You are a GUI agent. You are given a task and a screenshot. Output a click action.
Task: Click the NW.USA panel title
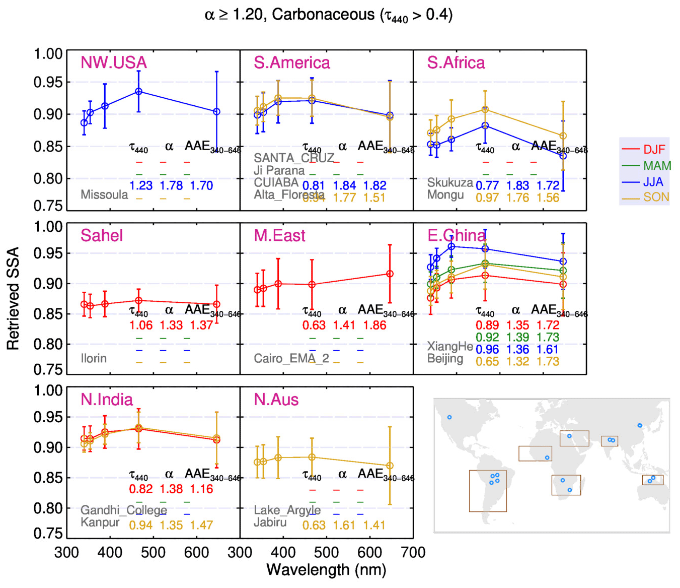[114, 62]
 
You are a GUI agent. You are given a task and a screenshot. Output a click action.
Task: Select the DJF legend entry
[654, 150]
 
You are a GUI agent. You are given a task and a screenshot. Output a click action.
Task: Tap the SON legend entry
[656, 197]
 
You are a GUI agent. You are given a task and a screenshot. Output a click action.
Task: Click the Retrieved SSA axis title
[13, 298]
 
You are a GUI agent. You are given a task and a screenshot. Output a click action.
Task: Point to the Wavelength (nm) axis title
[326, 570]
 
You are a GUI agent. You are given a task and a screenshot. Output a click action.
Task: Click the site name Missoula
[104, 194]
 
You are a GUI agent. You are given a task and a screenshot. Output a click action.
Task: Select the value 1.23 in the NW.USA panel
[141, 185]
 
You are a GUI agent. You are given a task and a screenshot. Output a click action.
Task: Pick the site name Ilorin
[94, 358]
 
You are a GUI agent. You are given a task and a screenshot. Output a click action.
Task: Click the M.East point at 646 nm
[390, 274]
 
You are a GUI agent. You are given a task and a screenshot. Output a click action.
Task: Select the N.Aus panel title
[276, 400]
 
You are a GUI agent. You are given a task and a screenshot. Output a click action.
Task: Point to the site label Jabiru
[270, 522]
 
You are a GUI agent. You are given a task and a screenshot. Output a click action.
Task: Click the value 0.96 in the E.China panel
[487, 349]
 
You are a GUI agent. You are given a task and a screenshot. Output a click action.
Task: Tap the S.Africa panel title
[456, 62]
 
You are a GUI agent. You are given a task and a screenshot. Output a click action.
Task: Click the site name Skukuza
[450, 182]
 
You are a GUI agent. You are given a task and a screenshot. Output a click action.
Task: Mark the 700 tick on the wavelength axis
[413, 553]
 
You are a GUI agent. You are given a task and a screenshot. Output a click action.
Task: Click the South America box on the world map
[488, 491]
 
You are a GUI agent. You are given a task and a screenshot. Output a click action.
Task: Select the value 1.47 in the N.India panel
[201, 526]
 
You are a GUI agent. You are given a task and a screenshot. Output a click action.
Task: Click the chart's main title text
[329, 15]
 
